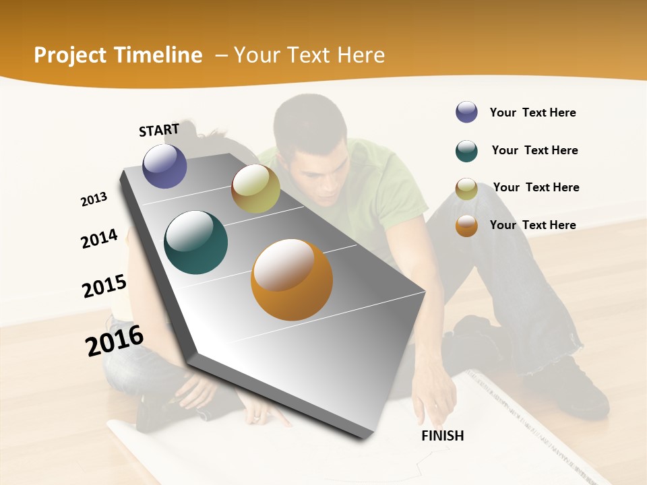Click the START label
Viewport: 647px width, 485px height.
tap(159, 130)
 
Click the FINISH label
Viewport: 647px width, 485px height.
tap(442, 436)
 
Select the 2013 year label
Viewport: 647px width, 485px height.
tap(94, 199)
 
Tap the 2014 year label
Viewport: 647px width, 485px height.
tap(99, 238)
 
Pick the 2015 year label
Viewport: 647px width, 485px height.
tap(104, 286)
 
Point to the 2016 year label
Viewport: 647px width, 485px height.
tap(115, 341)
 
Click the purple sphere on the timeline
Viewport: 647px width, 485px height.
tap(164, 166)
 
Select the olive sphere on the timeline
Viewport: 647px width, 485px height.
tap(255, 189)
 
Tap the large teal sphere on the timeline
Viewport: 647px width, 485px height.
tap(196, 243)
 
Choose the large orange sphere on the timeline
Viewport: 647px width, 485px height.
tap(291, 279)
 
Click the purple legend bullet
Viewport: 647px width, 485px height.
tap(466, 112)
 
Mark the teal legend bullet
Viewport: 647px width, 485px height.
tap(466, 151)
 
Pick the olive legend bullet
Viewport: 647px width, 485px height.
tap(466, 189)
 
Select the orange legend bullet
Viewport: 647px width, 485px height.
tap(466, 226)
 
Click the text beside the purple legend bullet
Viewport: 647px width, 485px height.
tap(532, 112)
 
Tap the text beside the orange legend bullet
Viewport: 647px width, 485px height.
tap(532, 225)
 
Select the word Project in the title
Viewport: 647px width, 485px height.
tap(69, 55)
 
